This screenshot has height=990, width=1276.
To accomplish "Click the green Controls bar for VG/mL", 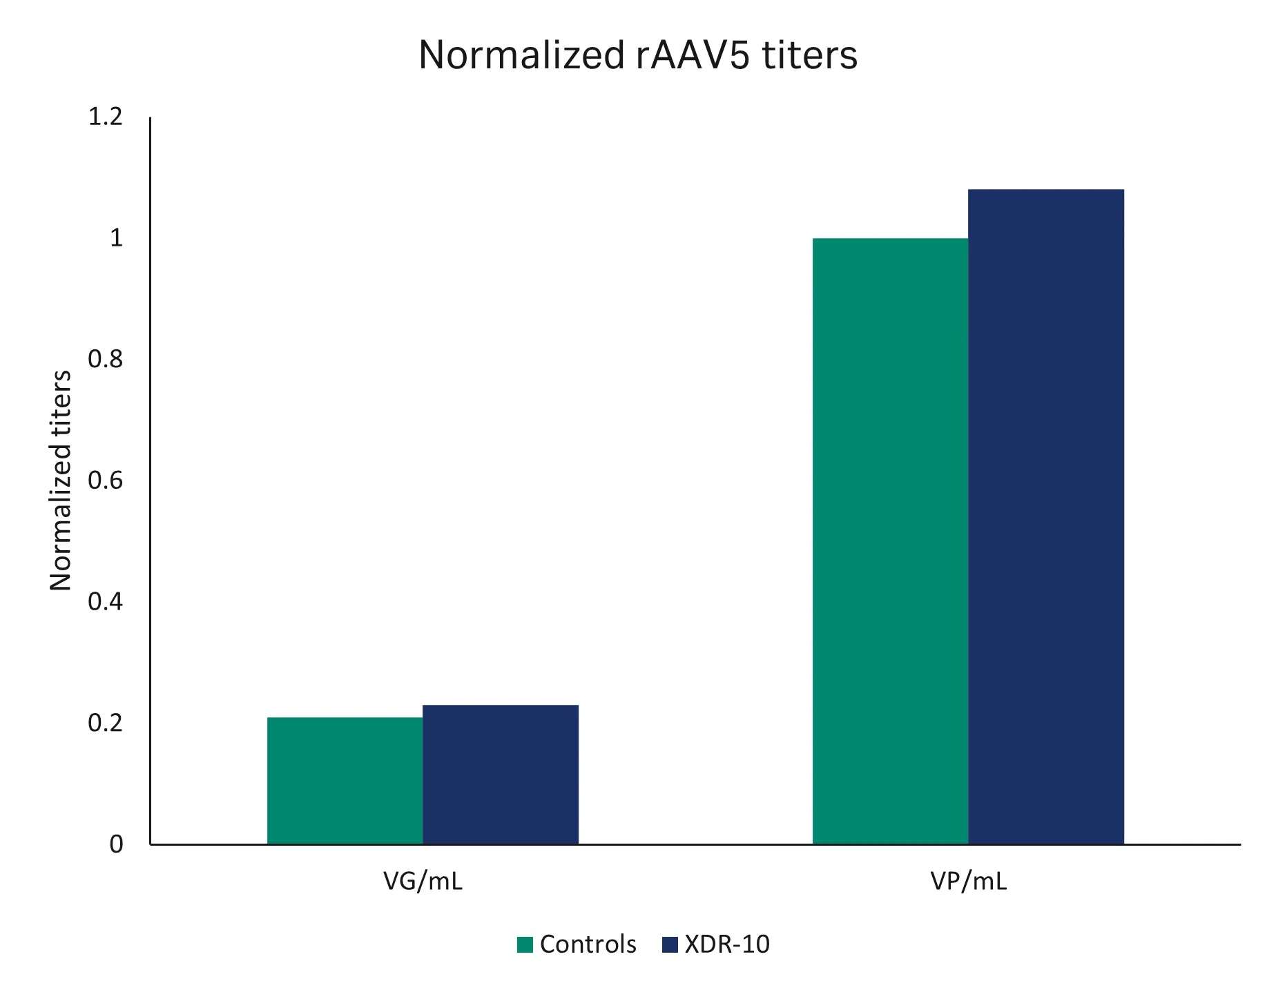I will click(x=345, y=780).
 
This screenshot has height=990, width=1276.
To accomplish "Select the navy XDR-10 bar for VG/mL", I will click(x=500, y=774).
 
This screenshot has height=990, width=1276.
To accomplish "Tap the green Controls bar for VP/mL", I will click(x=890, y=541).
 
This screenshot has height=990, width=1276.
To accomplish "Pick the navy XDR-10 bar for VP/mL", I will click(x=1045, y=516).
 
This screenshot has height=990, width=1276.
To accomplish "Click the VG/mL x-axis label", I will click(x=423, y=882).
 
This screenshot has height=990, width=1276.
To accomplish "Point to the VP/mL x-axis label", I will click(x=968, y=882).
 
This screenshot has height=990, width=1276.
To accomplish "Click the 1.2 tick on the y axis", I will click(x=105, y=117).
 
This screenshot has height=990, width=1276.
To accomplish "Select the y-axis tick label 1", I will click(x=116, y=238).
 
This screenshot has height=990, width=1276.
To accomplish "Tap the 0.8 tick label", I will click(x=105, y=359).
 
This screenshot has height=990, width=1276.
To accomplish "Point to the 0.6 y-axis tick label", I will click(x=105, y=481).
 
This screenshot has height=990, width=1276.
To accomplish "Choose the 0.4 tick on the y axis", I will click(x=105, y=601).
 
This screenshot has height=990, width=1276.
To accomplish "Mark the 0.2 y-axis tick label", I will click(x=105, y=723).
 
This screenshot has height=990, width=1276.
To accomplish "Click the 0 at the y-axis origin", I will click(x=116, y=844).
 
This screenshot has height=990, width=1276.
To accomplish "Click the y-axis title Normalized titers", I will click(x=61, y=481).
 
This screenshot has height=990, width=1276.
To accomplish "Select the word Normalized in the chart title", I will click(x=521, y=55).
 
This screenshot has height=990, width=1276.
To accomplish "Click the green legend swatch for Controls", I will click(x=525, y=944).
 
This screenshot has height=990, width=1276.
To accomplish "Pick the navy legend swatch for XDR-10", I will click(x=670, y=944).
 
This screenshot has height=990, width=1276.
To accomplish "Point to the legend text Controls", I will click(x=588, y=944).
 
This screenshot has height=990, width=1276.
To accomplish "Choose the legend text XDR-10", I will click(x=726, y=944).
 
